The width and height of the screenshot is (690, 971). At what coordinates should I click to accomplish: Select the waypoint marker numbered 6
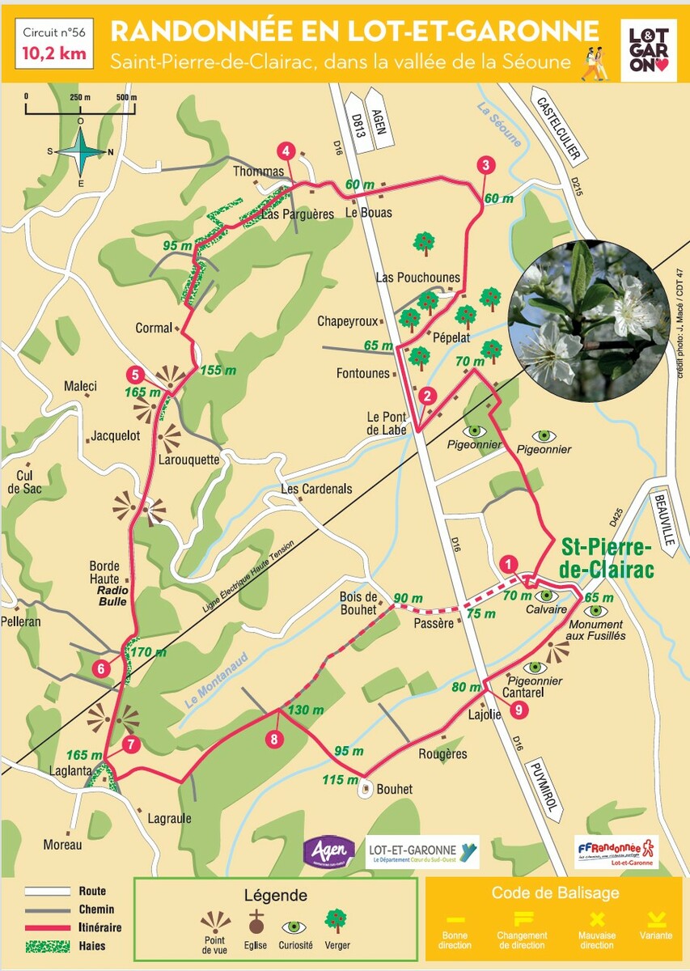tap(101, 668)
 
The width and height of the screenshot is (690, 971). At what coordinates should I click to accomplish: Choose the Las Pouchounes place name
tap(417, 278)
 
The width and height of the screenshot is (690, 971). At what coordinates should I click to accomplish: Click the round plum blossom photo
tap(589, 320)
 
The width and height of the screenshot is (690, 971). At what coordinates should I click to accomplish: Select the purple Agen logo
tap(328, 850)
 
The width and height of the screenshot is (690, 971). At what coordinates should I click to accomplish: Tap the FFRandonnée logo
tap(616, 852)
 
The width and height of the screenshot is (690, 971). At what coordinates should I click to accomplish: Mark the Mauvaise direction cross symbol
tap(597, 918)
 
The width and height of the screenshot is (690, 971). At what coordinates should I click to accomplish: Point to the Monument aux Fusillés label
tap(596, 630)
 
